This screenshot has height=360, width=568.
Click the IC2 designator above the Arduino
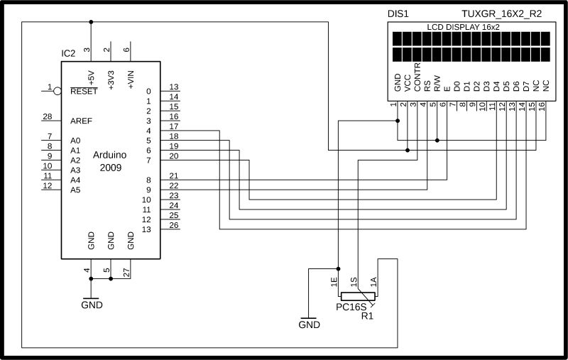coord(69,54)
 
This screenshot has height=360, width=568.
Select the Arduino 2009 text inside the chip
coord(110,161)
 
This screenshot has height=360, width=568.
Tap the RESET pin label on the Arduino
coord(84,91)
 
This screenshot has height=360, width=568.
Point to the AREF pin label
coord(81,121)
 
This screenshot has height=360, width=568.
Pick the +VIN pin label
coord(131,79)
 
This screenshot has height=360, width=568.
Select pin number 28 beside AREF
coord(48,116)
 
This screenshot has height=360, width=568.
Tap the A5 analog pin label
coord(76,190)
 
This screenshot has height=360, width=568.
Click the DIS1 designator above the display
coord(398,14)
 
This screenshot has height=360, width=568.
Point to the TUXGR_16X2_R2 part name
coord(502,14)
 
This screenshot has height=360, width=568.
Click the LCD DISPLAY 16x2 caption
coord(462,26)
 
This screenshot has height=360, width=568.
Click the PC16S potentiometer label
coord(351,307)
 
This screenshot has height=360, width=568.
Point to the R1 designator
coord(367,316)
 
